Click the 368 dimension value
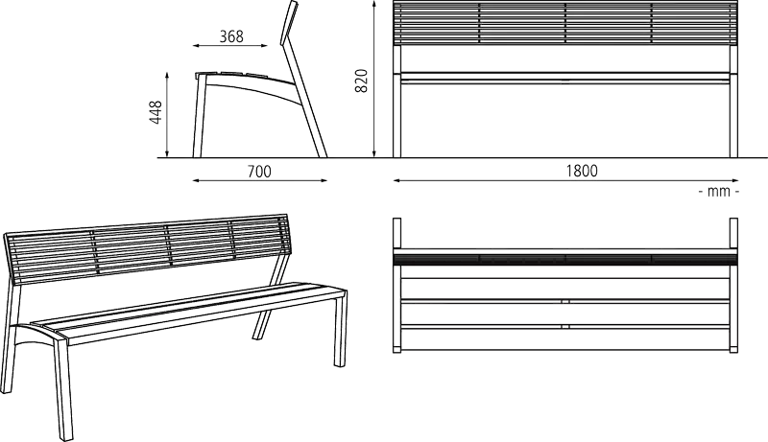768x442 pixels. click(x=231, y=36)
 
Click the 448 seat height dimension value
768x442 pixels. click(x=156, y=112)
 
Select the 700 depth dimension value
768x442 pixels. click(x=259, y=172)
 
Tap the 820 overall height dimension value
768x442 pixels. click(x=361, y=81)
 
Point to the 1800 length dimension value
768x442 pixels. click(x=582, y=171)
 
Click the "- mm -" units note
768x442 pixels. click(x=718, y=191)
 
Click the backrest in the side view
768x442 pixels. click(x=289, y=22)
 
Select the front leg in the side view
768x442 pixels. click(x=200, y=116)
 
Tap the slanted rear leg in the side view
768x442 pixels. click(x=304, y=102)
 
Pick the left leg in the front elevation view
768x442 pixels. click(x=396, y=102)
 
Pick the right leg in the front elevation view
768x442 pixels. click(x=733, y=102)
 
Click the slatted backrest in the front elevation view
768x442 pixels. click(x=565, y=23)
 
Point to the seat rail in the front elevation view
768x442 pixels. click(x=565, y=78)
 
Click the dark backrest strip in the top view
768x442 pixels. click(x=565, y=259)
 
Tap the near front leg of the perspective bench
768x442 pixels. click(x=63, y=388)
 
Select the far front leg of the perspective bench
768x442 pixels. click(x=341, y=329)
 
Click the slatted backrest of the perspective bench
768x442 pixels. click(x=147, y=248)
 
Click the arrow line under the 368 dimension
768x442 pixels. click(x=230, y=46)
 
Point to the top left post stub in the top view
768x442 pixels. click(x=396, y=234)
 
